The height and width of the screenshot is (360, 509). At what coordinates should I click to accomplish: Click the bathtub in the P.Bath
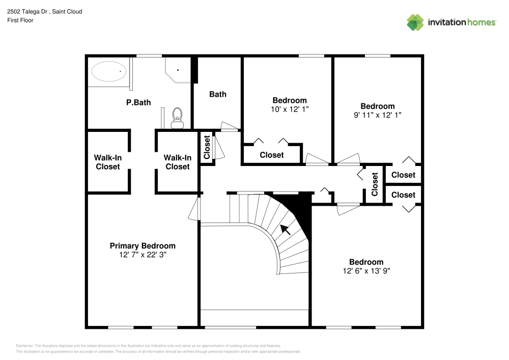pyautogui.click(x=108, y=71)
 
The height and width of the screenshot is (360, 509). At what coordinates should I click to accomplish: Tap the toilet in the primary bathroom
pyautogui.click(x=177, y=118)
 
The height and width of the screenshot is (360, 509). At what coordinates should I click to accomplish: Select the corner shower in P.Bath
pyautogui.click(x=177, y=70)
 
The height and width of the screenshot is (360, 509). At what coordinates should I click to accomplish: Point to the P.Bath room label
pyautogui.click(x=138, y=102)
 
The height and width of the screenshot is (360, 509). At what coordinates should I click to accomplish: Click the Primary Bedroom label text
pyautogui.click(x=143, y=245)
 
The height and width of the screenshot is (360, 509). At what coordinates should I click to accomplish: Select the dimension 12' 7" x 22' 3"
pyautogui.click(x=143, y=254)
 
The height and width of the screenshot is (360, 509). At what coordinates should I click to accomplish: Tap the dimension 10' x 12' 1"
pyautogui.click(x=290, y=109)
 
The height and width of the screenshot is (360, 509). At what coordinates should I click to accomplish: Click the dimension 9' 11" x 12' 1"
pyautogui.click(x=377, y=115)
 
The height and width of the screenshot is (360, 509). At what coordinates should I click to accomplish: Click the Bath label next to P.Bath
pyautogui.click(x=218, y=94)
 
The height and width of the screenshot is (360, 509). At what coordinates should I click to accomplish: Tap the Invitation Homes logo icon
pyautogui.click(x=415, y=22)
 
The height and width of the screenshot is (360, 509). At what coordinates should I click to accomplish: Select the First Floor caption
pyautogui.click(x=20, y=20)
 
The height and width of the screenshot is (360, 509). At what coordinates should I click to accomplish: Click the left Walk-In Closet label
pyautogui.click(x=108, y=162)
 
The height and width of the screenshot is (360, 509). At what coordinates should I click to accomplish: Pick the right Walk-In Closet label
pyautogui.click(x=177, y=162)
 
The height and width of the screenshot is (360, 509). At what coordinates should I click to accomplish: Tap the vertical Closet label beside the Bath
pyautogui.click(x=207, y=148)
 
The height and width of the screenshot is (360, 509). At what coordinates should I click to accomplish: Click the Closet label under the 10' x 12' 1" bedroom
pyautogui.click(x=272, y=155)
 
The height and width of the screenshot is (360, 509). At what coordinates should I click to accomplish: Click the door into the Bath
pyautogui.click(x=230, y=127)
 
